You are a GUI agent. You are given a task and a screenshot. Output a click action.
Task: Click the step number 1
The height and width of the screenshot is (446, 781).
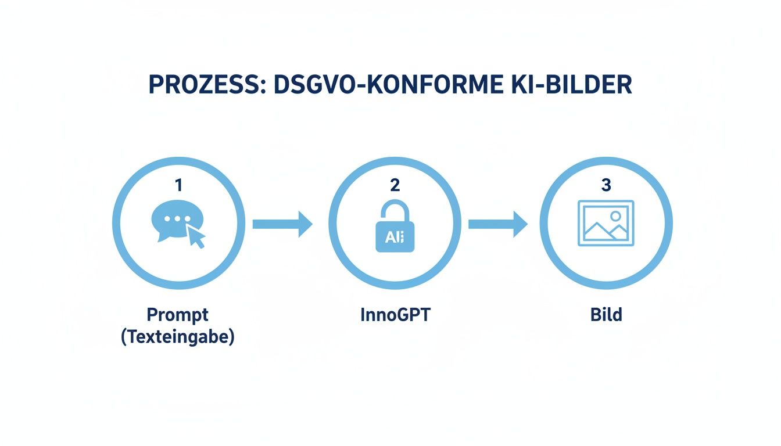coord(178,185)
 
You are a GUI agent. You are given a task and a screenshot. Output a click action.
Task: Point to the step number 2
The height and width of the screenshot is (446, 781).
coord(395,185)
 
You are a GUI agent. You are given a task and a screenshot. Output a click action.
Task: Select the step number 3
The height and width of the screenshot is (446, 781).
coord(606,185)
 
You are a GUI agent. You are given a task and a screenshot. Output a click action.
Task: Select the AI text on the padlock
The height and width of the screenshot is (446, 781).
coord(395,236)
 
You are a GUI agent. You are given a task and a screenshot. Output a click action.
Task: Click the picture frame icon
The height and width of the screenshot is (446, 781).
coord(606,224)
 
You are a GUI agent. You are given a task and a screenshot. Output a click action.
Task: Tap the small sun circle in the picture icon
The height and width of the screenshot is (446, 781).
coord(615,216)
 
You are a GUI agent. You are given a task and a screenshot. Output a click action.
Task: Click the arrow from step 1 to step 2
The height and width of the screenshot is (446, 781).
coord(282,224)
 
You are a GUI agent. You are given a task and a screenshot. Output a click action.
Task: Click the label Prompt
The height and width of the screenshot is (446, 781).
coord(177,315)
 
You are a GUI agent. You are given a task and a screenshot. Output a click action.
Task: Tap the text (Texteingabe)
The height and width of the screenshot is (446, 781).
coord(177,337)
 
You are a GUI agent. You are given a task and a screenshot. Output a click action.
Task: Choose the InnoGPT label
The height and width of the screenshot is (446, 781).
coord(395,315)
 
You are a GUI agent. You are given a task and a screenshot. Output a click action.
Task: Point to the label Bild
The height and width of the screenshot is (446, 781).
coord(606,315)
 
